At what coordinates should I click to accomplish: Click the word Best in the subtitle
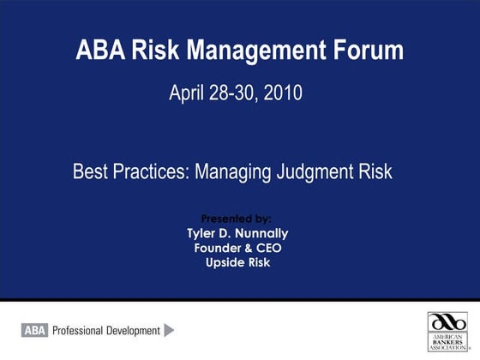[x=90, y=171]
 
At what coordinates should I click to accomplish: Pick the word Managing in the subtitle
[x=233, y=171]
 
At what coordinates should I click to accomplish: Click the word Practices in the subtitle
[x=152, y=171]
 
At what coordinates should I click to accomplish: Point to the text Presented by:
[x=237, y=219]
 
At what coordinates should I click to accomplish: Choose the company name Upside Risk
[x=237, y=262]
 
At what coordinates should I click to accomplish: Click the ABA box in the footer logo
[x=34, y=330]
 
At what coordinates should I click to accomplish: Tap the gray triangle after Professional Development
[x=169, y=330]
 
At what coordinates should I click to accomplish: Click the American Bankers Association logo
[x=447, y=331]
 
